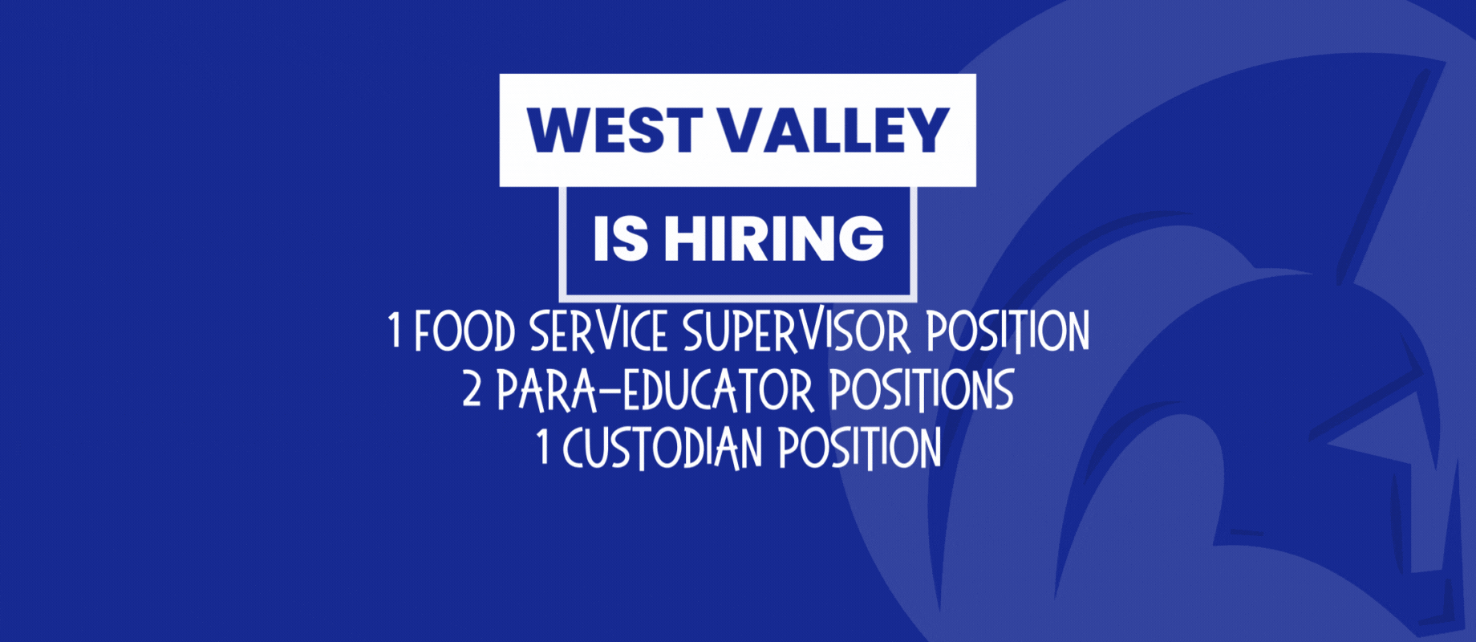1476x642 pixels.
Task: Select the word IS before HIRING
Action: point(620,238)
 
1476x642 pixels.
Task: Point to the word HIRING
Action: point(774,238)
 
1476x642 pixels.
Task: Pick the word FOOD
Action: point(464,331)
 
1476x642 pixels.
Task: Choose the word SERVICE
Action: point(598,331)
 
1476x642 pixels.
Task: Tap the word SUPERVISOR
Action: point(797,331)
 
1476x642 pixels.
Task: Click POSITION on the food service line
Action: point(1008,331)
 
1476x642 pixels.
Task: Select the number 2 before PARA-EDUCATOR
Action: point(472,388)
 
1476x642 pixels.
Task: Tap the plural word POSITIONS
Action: point(922,390)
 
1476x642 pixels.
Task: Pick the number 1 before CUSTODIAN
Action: point(543,447)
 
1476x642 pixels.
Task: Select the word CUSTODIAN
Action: point(663,448)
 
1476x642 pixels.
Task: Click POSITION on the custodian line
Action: point(860,448)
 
